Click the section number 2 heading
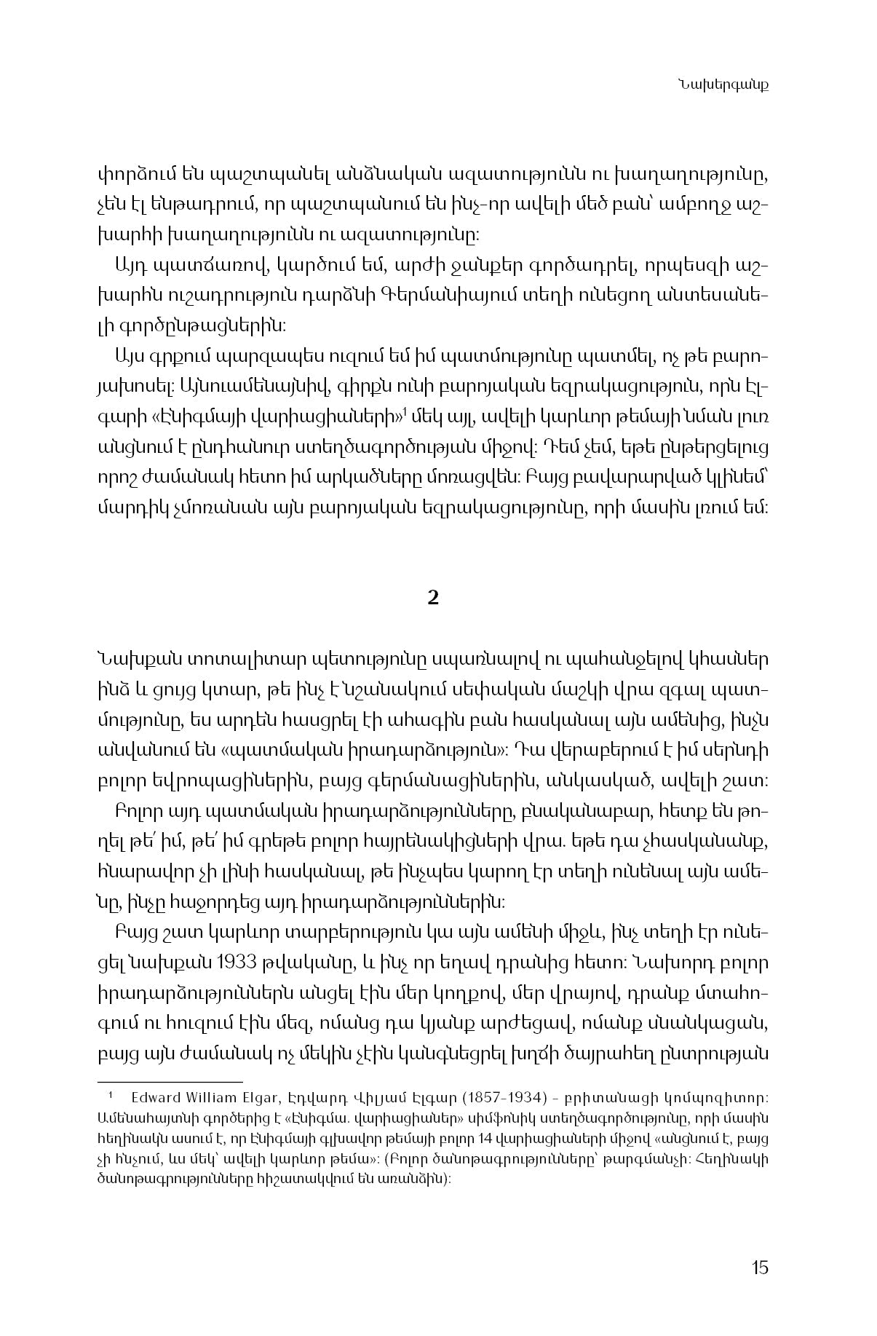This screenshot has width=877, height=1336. [433, 598]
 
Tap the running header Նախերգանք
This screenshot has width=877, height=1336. [723, 84]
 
